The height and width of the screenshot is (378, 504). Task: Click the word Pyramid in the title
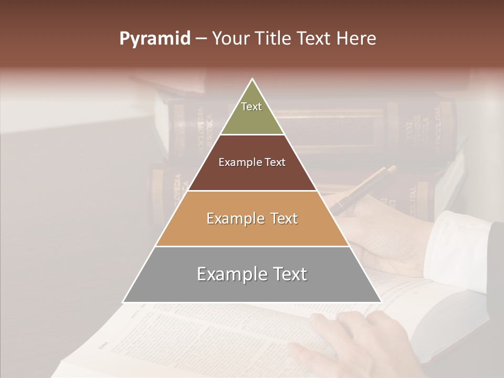point(155,39)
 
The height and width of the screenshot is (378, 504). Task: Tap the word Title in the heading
point(272,39)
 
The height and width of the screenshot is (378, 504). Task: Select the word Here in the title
point(357,39)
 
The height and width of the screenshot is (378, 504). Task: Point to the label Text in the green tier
point(251,107)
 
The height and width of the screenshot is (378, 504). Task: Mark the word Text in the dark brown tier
point(275,162)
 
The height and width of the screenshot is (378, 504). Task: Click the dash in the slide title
point(201,39)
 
